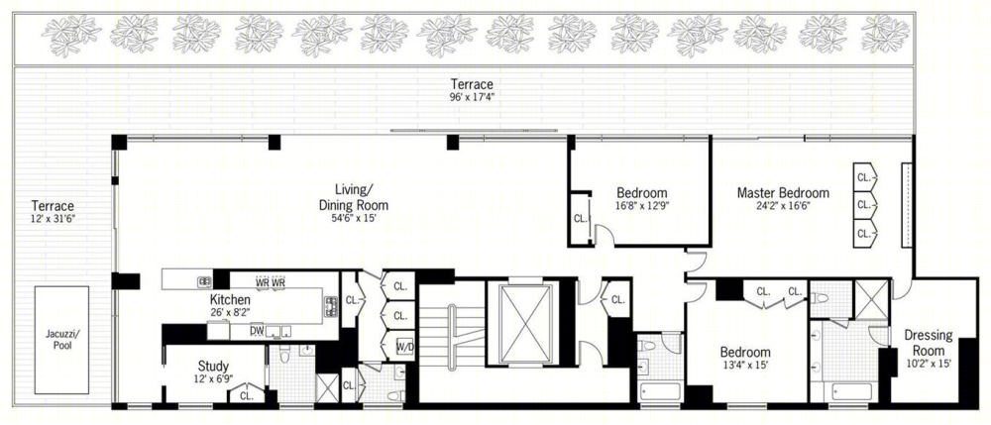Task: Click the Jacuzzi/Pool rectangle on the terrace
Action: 61,341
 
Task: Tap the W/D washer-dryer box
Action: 405,347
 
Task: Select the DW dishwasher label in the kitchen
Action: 258,330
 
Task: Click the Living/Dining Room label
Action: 354,196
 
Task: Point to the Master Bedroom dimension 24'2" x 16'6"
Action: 783,206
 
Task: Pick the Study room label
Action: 213,367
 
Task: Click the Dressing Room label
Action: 928,343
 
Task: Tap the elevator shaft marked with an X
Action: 525,323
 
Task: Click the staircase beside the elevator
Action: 452,339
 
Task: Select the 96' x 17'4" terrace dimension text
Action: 472,97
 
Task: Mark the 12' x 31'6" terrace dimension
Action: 54,219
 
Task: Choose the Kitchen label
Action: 230,300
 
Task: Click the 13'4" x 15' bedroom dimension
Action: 746,365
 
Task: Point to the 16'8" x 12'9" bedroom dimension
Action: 642,206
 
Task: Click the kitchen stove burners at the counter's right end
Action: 331,307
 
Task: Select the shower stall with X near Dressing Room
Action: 871,299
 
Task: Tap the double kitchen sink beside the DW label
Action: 278,331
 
